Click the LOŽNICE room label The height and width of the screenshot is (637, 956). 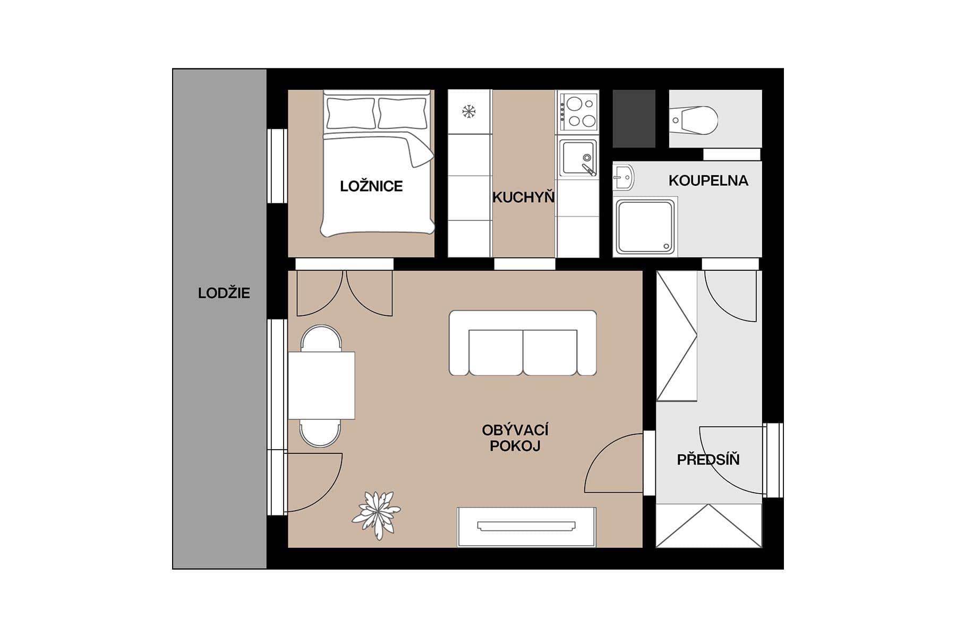[x=371, y=186]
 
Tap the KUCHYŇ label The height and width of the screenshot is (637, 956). [x=523, y=197]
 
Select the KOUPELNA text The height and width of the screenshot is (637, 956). [x=708, y=180]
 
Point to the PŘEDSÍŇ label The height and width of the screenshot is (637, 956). [x=708, y=460]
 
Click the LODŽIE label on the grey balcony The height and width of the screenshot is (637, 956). [x=224, y=293]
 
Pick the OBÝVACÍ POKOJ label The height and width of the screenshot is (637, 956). [x=515, y=438]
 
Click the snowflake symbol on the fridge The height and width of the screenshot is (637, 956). [x=468, y=111]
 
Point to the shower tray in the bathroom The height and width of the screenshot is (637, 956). [x=645, y=227]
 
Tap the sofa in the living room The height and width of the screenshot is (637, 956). [x=523, y=344]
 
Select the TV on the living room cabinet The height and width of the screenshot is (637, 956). [x=526, y=526]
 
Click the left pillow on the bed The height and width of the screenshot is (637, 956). [x=350, y=113]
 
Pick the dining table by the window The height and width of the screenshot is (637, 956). [x=321, y=385]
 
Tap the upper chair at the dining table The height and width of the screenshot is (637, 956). [x=321, y=338]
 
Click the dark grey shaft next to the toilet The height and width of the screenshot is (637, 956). [x=634, y=118]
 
